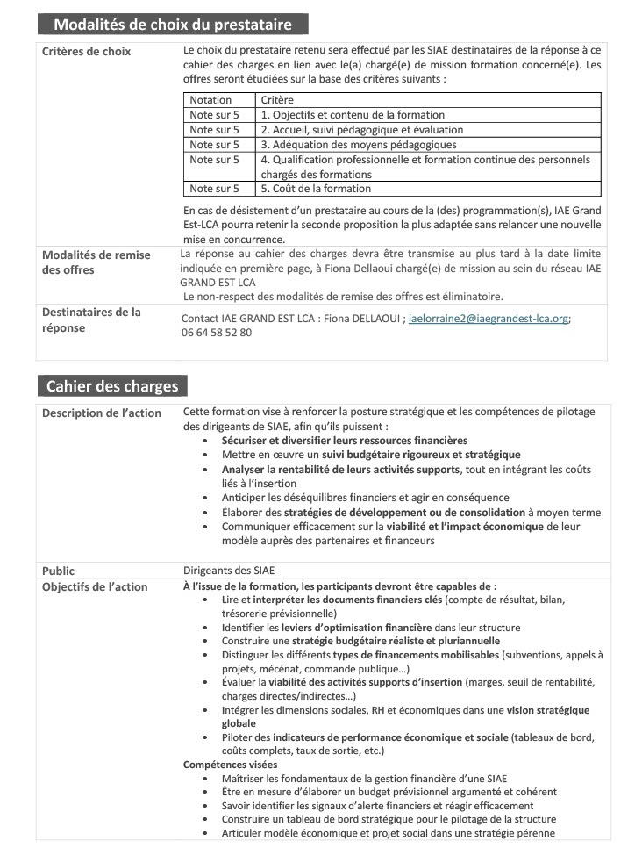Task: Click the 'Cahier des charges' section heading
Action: point(111,386)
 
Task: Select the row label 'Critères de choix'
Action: point(86,52)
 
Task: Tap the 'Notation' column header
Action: point(210,100)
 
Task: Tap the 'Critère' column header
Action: point(277,100)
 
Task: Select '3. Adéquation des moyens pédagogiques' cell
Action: point(359,145)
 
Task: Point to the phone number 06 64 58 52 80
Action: point(217,333)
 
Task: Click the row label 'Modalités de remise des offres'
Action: point(96,262)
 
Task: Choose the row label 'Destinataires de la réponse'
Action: point(91,320)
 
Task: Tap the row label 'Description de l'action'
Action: point(99,413)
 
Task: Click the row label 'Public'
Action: point(59,571)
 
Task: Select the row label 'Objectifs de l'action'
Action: point(95,586)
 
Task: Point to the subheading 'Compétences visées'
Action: point(230,765)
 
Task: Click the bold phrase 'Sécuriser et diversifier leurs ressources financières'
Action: point(344,441)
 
